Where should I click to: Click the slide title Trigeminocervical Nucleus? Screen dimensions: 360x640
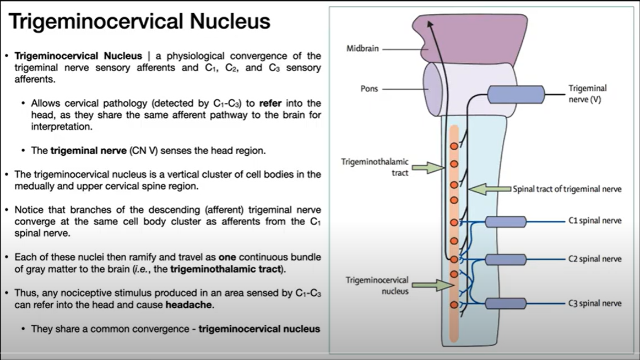click(139, 21)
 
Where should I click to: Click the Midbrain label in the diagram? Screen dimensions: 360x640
click(362, 48)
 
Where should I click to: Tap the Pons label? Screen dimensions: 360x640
click(369, 88)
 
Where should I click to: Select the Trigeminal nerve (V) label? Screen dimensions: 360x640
click(587, 94)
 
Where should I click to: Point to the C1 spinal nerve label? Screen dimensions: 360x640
click(595, 221)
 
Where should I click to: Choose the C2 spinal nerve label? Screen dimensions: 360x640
click(595, 259)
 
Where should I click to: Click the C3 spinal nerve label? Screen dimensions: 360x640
click(595, 303)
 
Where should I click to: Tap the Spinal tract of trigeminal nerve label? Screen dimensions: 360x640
click(567, 189)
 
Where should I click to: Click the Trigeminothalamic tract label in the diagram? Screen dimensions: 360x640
click(375, 167)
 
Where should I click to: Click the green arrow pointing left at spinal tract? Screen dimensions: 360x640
click(489, 189)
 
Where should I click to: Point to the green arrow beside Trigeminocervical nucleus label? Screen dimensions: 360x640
click(432, 285)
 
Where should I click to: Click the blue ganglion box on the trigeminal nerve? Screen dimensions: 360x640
click(516, 94)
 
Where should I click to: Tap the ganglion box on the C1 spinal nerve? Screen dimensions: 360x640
click(505, 222)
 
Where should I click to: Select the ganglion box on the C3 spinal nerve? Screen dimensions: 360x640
click(505, 303)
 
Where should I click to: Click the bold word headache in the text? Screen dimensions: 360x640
click(189, 304)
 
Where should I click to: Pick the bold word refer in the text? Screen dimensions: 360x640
click(270, 103)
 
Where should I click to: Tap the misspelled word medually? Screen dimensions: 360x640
click(35, 186)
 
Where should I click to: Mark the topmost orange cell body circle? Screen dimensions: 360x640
click(454, 146)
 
